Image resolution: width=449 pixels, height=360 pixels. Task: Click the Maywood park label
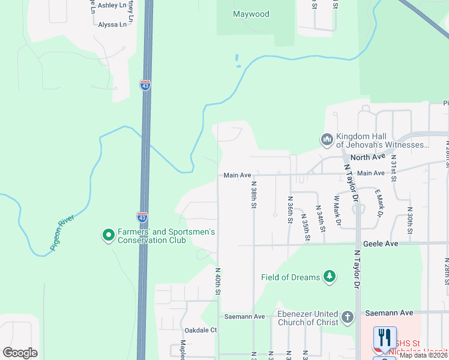point(251,14)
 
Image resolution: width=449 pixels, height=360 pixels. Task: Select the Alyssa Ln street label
point(112,25)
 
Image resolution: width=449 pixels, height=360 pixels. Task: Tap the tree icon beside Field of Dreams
point(329,277)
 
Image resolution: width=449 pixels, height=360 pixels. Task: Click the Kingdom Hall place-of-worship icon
point(327,140)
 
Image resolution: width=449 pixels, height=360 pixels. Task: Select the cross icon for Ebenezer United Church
point(347,317)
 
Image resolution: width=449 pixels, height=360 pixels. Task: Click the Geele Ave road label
point(381,244)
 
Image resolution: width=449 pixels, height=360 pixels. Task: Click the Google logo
point(20,353)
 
